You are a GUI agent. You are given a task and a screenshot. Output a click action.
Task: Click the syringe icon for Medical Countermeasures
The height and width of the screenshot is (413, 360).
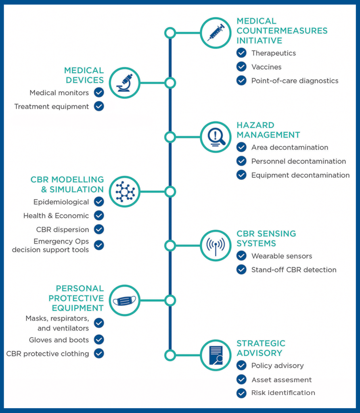[x=216, y=33]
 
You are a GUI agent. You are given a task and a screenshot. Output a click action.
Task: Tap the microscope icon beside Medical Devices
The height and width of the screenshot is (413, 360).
[x=125, y=83]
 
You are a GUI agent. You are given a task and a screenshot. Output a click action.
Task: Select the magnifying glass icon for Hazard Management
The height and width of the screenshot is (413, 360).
[x=216, y=137]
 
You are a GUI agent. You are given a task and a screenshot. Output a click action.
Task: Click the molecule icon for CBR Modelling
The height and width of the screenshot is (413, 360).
[x=125, y=192]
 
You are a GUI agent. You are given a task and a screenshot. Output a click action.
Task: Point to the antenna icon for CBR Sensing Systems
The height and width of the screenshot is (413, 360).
[x=216, y=246]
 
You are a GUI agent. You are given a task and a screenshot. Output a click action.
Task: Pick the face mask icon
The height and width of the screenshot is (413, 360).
[x=124, y=300]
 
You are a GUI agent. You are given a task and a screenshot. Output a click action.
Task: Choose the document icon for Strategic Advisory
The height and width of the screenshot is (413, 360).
[x=216, y=355]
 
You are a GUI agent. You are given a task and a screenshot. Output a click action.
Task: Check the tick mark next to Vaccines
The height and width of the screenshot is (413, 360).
[x=241, y=67]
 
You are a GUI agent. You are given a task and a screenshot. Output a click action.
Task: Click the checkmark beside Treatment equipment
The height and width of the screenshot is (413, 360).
[x=99, y=106]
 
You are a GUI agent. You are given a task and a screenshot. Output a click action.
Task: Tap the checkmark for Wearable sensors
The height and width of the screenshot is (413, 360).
[x=241, y=255]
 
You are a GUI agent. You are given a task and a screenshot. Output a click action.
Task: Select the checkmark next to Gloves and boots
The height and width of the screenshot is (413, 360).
[x=99, y=340]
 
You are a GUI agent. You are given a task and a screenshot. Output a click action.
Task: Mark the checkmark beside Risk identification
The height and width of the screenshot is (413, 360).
[x=241, y=393]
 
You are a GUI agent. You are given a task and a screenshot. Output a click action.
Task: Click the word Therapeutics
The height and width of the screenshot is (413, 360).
[x=274, y=53]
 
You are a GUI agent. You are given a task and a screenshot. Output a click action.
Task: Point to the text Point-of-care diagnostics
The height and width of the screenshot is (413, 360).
[x=295, y=81]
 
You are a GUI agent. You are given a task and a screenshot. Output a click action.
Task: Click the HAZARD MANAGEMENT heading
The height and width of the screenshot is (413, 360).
[x=268, y=130]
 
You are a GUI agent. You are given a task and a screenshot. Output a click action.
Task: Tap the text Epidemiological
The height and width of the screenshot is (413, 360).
[x=61, y=202]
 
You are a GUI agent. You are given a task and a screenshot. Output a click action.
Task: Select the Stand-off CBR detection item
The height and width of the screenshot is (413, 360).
[x=294, y=270]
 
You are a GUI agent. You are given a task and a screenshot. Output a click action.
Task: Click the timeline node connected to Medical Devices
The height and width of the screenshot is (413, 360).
[x=170, y=83]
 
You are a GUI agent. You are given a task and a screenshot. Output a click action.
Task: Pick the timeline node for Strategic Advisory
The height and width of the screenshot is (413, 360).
[x=170, y=355]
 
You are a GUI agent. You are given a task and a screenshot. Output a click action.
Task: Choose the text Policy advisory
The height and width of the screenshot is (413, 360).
[x=278, y=365]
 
